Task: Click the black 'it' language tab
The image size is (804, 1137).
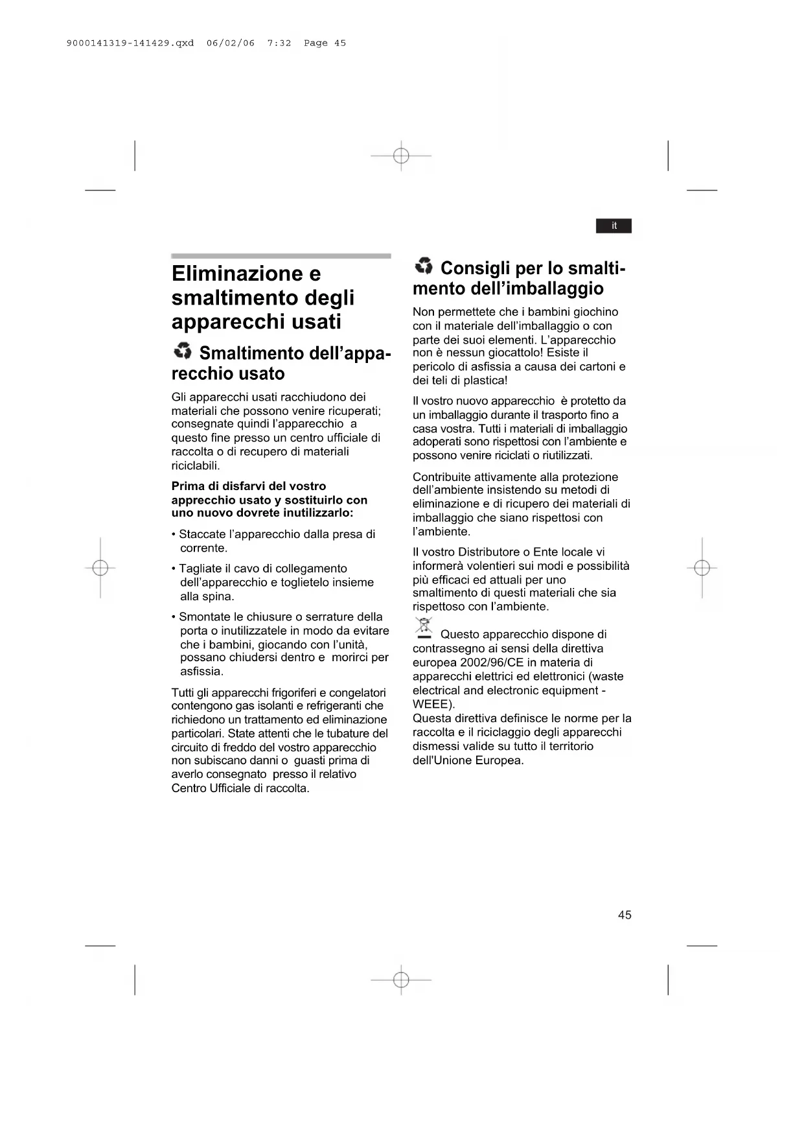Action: click(614, 226)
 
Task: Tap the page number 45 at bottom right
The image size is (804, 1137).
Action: click(625, 915)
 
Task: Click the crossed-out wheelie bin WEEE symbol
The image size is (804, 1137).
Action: click(424, 628)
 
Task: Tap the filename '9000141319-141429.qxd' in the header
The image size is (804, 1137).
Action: click(130, 43)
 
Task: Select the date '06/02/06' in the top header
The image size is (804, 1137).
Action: click(231, 43)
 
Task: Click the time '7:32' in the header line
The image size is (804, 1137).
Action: click(279, 43)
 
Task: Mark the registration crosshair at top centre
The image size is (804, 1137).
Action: click(401, 156)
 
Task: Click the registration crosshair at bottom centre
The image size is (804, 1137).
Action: click(401, 979)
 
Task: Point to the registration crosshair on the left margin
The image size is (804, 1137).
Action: click(100, 568)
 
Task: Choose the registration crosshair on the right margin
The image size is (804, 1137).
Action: click(702, 568)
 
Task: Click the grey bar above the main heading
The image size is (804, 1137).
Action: click(281, 256)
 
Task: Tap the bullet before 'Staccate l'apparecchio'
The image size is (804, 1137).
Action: click(174, 535)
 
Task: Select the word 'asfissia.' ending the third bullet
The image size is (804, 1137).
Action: click(201, 672)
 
